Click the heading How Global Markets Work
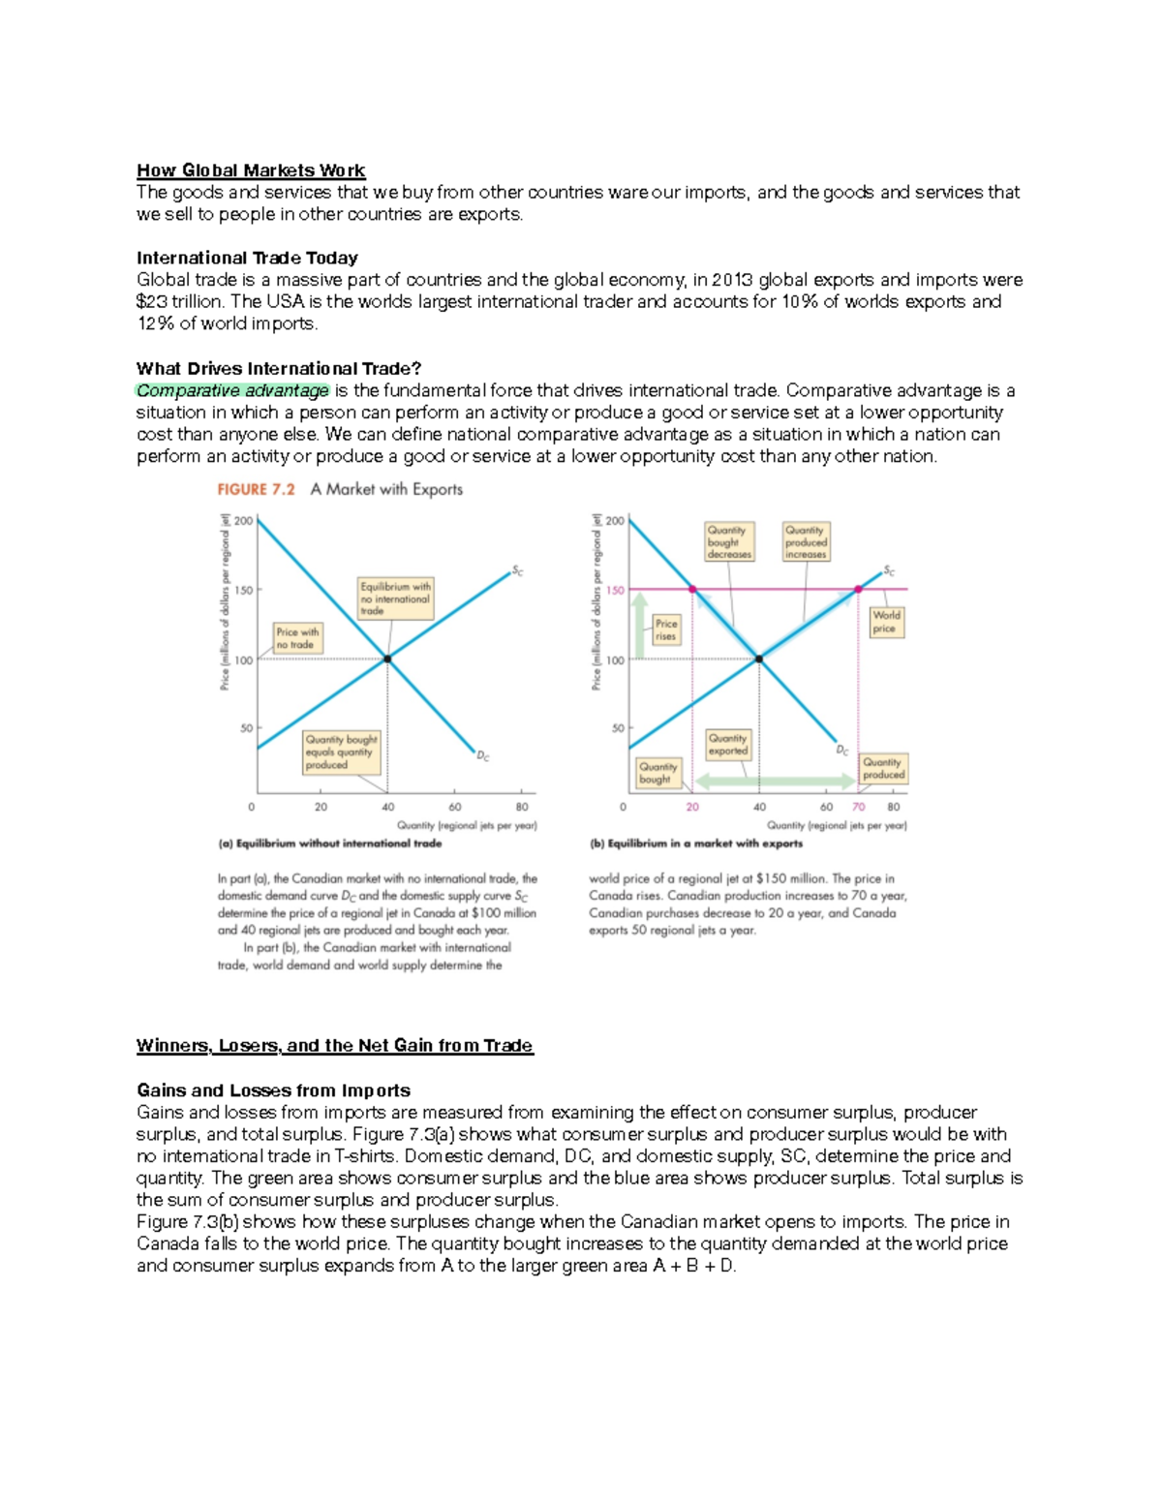250,170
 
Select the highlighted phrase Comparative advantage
232,390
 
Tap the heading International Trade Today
247,258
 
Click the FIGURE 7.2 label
256,489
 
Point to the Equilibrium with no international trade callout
395,599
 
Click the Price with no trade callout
297,638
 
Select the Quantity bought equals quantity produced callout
341,752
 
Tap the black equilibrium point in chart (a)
387,659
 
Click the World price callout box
886,622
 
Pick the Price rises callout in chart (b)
666,629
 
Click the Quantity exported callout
727,744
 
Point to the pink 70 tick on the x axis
859,807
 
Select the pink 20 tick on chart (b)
692,807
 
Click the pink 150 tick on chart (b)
615,590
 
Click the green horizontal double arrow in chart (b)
775,781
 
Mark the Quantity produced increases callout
806,542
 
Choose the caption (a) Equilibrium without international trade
329,844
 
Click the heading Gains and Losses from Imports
273,1090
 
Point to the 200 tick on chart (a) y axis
243,521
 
